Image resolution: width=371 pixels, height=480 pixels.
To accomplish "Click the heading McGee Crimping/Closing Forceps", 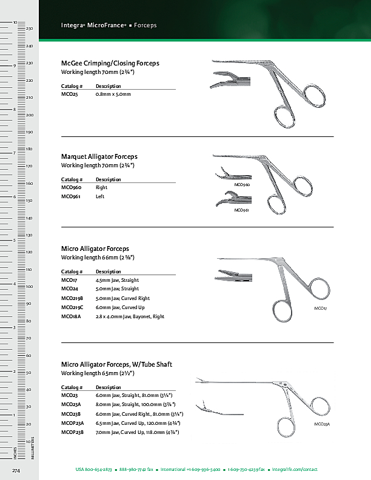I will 110,63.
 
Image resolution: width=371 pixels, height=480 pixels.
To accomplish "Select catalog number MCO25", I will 69,94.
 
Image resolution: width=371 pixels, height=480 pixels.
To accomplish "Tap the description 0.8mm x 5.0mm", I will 113,94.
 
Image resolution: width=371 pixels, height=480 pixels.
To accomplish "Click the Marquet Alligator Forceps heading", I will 99,156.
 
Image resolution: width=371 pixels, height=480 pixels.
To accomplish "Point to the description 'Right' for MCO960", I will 101,187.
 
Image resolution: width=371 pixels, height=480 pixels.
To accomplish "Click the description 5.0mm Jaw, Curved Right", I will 122,298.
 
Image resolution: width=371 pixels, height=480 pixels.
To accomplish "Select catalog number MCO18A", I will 70,316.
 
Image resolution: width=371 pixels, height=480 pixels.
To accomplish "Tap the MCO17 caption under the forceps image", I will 320,308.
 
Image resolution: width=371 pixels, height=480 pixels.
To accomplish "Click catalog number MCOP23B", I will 73,431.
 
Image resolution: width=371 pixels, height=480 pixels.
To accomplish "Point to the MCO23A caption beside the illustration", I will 321,424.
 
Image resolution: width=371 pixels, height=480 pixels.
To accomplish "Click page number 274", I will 17,470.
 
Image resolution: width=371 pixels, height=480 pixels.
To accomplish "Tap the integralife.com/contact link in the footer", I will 295,470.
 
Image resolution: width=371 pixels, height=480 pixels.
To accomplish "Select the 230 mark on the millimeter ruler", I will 29,63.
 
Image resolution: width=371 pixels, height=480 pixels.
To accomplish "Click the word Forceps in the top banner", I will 145,25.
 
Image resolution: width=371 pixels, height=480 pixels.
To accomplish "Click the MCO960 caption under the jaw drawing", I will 242,184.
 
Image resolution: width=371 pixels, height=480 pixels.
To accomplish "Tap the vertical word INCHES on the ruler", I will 15,452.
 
